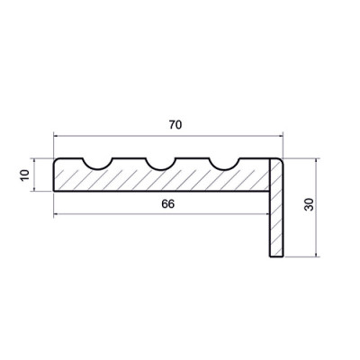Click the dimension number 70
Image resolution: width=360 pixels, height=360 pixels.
tap(175, 124)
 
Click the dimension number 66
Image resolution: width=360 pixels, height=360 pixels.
tap(167, 204)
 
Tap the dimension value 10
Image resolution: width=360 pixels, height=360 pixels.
tap(25, 175)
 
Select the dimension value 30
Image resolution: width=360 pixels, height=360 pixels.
tap(309, 204)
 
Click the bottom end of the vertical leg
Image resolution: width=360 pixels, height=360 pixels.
tap(276, 256)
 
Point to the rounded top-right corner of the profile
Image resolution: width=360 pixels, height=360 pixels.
tap(281, 160)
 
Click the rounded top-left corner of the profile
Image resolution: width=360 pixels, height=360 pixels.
tap(56, 160)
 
